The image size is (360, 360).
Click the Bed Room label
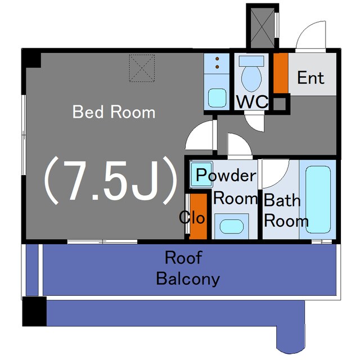click(x=114, y=112)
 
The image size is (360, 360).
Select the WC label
click(x=253, y=102)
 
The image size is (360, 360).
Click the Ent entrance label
click(x=310, y=78)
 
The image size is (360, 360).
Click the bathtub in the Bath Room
click(x=318, y=200)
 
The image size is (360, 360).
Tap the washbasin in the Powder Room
click(x=231, y=226)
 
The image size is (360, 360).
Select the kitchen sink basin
click(x=217, y=98)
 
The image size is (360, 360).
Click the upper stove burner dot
click(x=217, y=59)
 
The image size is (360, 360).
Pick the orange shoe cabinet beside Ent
click(x=281, y=73)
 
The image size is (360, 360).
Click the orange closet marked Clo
click(x=198, y=217)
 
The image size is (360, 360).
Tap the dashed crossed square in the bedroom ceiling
click(x=142, y=68)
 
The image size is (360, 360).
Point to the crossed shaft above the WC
click(x=263, y=28)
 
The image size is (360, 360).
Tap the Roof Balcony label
click(x=188, y=268)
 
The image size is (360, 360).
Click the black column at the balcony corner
click(x=34, y=311)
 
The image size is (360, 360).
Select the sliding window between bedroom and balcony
click(x=102, y=241)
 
